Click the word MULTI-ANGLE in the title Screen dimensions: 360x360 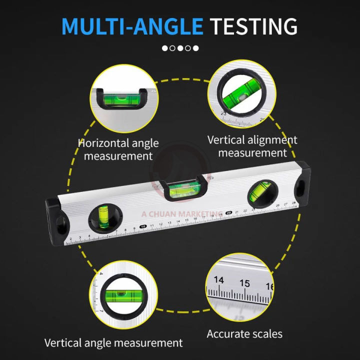[x=132, y=25]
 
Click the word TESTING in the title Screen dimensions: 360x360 [x=253, y=25]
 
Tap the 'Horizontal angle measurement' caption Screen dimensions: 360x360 [x=118, y=149]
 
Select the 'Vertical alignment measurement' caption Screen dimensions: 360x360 [x=252, y=146]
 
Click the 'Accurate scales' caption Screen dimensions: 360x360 [x=244, y=333]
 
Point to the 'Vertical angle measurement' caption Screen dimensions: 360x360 [x=113, y=343]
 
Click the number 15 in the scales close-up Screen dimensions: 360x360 [x=244, y=283]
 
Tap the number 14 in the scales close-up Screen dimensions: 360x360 [x=218, y=280]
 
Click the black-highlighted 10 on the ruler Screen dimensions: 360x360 [x=143, y=226]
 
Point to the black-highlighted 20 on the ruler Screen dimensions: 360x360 [x=228, y=213]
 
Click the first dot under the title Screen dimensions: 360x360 [x=164, y=48]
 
